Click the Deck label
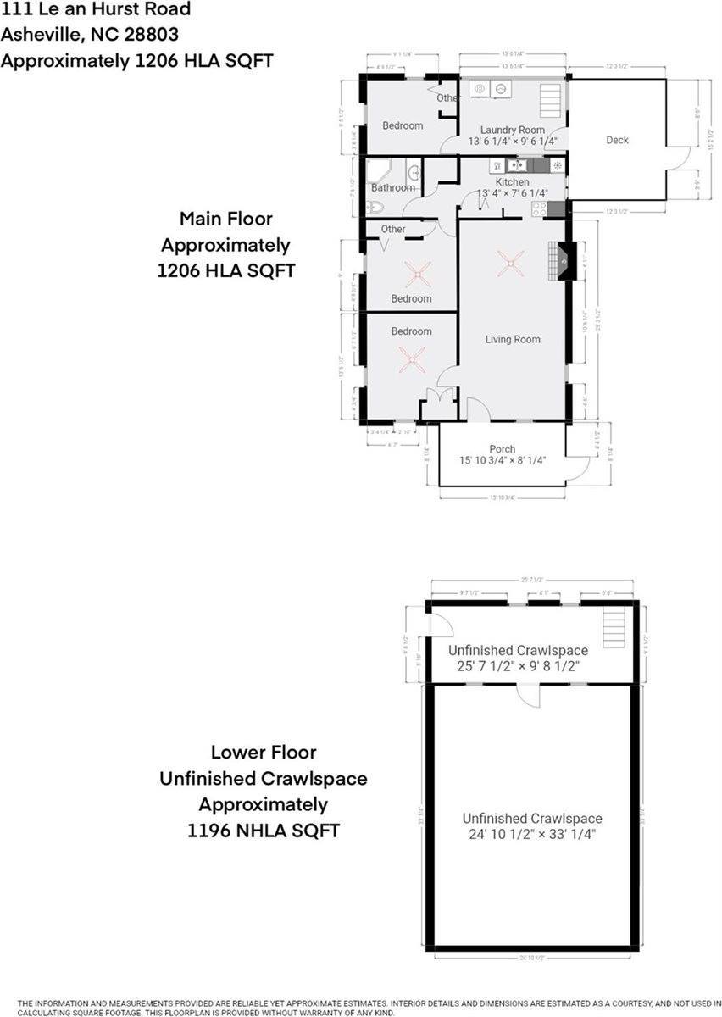click(617, 140)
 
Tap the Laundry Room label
click(513, 130)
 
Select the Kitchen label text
click(512, 182)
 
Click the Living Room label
click(513, 339)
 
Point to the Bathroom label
click(393, 187)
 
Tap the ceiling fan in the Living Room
click(510, 264)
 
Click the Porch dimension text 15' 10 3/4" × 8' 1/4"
click(502, 461)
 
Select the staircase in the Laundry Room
click(551, 101)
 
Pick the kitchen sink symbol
click(517, 165)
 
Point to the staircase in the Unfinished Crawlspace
click(617, 629)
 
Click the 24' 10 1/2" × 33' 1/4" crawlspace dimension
click(532, 834)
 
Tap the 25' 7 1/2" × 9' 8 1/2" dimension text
click(518, 666)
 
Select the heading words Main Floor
click(226, 219)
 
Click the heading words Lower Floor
click(252, 752)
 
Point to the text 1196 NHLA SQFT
click(264, 831)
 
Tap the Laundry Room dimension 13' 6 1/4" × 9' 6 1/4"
click(513, 142)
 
